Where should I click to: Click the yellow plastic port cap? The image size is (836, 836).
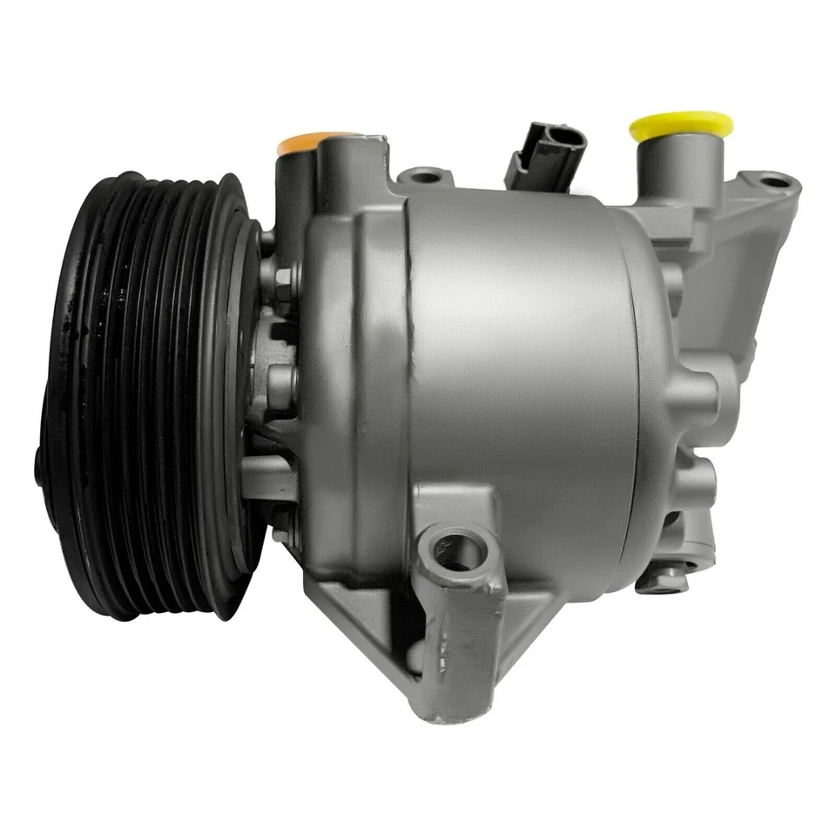click(680, 125)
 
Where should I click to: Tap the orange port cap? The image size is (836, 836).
click(313, 141)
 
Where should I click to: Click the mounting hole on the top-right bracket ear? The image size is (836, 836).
click(774, 182)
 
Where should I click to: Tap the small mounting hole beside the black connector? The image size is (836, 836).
click(425, 177)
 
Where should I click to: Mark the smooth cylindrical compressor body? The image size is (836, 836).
click(522, 366)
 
